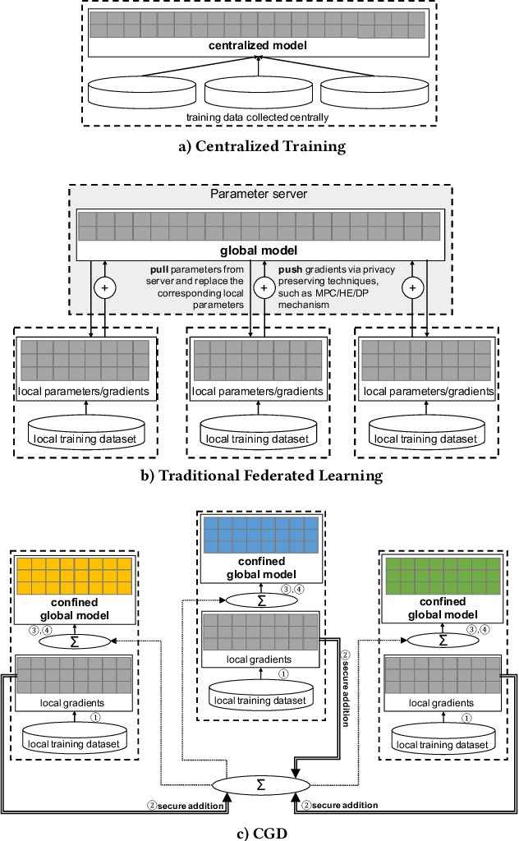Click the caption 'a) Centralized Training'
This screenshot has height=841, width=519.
pyautogui.click(x=259, y=148)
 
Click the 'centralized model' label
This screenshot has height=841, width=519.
pyautogui.click(x=259, y=46)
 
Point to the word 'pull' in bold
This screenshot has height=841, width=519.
pyautogui.click(x=160, y=269)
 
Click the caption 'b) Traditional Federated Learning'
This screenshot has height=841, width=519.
pyautogui.click(x=259, y=476)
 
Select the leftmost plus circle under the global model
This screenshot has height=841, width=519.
pyautogui.click(x=105, y=287)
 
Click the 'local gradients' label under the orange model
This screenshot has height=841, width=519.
pyautogui.click(x=75, y=702)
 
